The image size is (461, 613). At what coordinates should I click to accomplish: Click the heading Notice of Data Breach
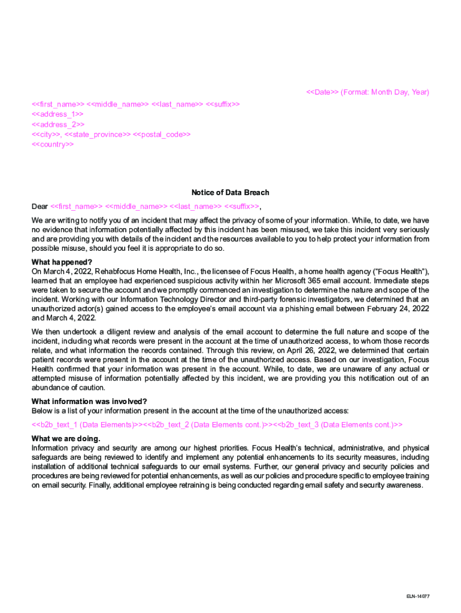point(230,193)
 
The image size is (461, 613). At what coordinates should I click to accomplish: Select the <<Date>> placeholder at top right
point(322,92)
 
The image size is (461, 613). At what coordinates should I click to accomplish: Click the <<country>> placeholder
point(53,144)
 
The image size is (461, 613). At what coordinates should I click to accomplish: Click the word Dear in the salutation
point(40,207)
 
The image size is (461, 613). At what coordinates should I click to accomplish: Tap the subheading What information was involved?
point(89,401)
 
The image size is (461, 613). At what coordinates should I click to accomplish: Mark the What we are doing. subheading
point(66,439)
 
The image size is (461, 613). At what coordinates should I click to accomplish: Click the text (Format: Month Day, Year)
point(386,92)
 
